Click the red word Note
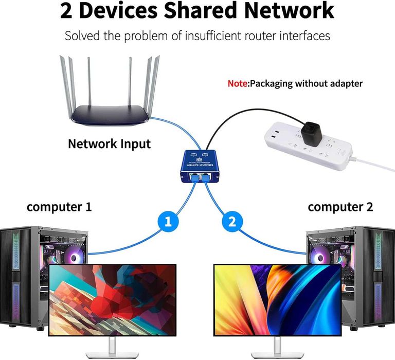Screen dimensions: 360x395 tap(238, 83)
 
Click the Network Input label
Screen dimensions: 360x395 tap(110, 143)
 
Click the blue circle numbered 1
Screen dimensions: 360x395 tap(168, 222)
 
